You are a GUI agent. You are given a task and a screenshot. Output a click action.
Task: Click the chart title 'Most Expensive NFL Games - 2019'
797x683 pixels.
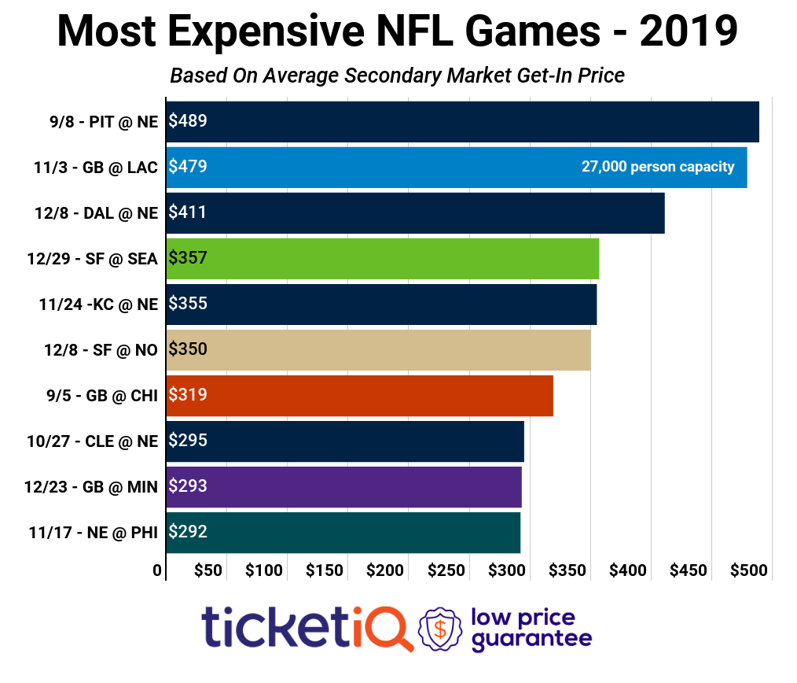click(x=398, y=33)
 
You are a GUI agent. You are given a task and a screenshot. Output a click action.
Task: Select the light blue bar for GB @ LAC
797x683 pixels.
click(x=456, y=168)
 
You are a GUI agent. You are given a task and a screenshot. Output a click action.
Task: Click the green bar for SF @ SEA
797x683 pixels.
click(x=383, y=259)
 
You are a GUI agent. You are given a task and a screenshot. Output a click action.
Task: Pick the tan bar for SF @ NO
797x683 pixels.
click(x=378, y=350)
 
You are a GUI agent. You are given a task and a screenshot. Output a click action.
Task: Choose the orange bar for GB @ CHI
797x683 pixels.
click(x=359, y=396)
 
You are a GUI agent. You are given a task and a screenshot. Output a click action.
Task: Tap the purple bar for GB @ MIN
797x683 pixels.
click(x=343, y=487)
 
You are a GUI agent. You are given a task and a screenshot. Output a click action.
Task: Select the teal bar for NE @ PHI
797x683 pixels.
click(x=343, y=533)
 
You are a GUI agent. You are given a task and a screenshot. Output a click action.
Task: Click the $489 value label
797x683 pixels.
click(x=188, y=121)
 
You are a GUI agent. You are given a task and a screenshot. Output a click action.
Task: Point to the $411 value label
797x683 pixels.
click(x=188, y=212)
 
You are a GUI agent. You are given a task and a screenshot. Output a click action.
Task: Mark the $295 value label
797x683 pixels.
click(x=188, y=441)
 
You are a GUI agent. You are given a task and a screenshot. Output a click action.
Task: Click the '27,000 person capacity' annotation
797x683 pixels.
click(x=658, y=167)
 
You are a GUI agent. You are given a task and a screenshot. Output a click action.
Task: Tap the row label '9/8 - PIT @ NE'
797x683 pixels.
click(x=102, y=122)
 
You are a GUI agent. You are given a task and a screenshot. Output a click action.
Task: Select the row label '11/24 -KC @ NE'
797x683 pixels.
click(x=98, y=305)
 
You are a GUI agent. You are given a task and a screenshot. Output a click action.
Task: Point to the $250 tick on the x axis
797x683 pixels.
click(x=446, y=570)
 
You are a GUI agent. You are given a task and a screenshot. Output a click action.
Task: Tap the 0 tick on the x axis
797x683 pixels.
click(x=158, y=570)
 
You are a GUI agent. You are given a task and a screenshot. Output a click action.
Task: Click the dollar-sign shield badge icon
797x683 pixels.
click(x=440, y=629)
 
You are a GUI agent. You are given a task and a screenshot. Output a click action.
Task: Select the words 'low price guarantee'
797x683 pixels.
click(x=531, y=629)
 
